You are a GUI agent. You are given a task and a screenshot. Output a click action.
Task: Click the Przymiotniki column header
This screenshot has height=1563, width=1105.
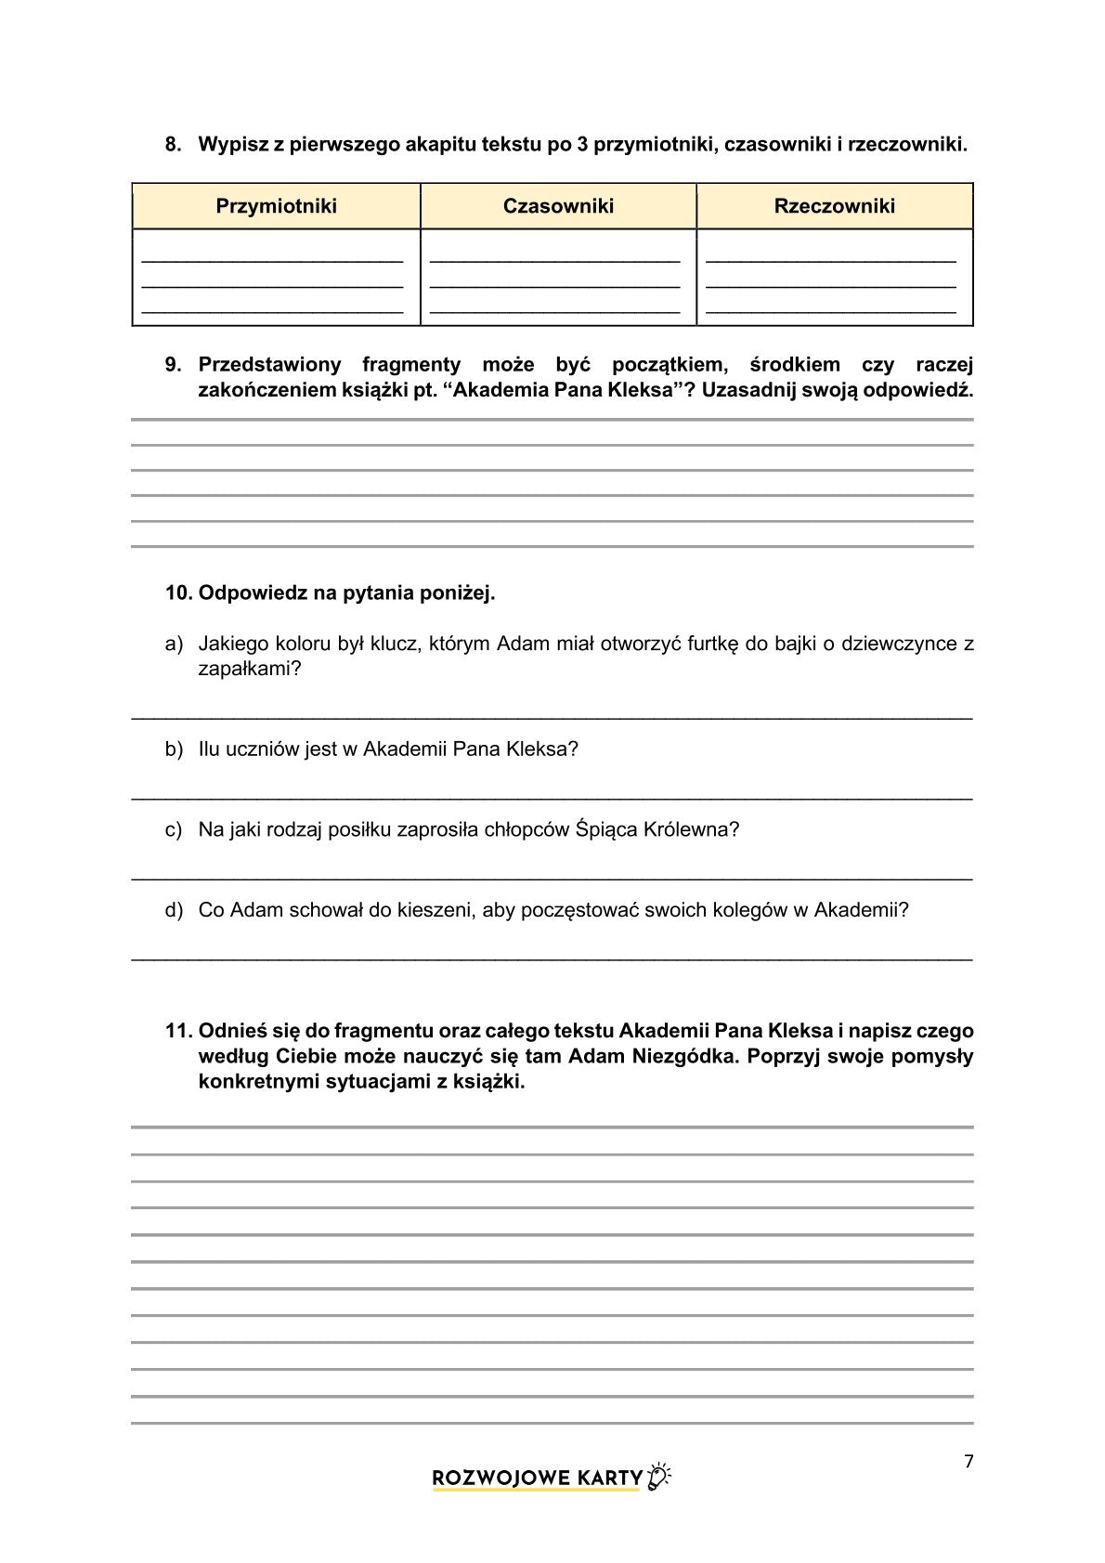[276, 206]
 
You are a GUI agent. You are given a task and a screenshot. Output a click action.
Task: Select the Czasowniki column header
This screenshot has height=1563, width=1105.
[558, 206]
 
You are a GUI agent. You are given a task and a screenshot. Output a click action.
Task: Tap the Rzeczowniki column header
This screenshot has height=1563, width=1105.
[834, 206]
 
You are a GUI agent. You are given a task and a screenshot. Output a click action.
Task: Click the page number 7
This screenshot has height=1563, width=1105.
[968, 1462]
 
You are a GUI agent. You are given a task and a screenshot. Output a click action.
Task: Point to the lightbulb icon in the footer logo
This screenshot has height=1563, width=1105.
[659, 1478]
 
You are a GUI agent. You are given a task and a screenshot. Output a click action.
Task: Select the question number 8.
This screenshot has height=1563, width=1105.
[173, 144]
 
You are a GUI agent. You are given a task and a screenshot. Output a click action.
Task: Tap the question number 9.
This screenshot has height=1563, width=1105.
[173, 364]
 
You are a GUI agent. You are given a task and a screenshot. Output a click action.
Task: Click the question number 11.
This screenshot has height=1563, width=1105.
[176, 1031]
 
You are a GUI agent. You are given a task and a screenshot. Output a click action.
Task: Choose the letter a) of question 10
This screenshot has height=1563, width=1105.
[174, 644]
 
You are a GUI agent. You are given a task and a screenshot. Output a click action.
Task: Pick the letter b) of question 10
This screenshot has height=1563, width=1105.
[174, 749]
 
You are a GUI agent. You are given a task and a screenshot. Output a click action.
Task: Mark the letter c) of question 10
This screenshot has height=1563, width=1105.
[174, 829]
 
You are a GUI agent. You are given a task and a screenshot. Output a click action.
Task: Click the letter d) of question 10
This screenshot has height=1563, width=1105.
[174, 910]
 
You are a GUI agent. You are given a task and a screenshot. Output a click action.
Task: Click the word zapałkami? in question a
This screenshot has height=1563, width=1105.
[250, 670]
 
